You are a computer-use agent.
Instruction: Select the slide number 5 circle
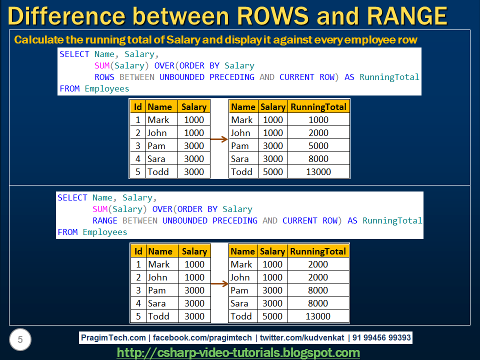click(x=20, y=340)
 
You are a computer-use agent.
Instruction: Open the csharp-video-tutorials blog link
click(x=238, y=352)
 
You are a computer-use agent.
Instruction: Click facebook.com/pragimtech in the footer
click(x=202, y=337)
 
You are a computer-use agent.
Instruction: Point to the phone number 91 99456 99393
click(x=381, y=337)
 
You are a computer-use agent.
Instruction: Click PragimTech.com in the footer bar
click(x=113, y=337)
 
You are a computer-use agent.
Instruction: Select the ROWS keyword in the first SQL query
click(x=104, y=77)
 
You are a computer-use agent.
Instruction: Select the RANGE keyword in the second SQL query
click(x=105, y=220)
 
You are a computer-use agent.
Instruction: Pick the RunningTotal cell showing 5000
click(x=318, y=146)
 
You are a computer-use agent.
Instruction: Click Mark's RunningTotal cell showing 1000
click(x=318, y=120)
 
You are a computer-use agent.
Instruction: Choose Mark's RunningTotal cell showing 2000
click(x=318, y=264)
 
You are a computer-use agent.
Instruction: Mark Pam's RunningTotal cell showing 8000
click(x=318, y=290)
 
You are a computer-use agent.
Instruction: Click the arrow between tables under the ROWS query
click(x=219, y=139)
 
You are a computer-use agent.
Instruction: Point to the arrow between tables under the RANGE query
click(x=219, y=284)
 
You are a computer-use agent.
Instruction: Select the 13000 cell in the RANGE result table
click(x=318, y=316)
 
